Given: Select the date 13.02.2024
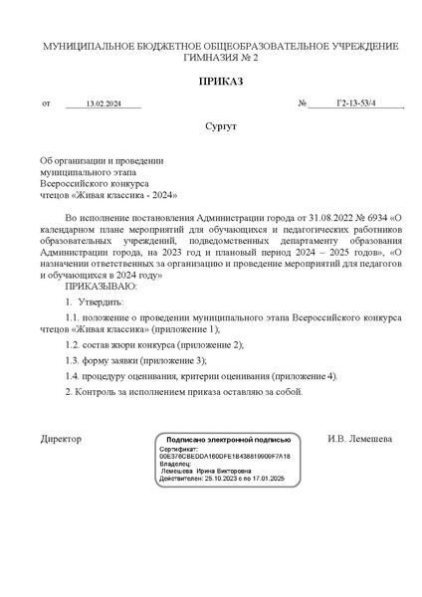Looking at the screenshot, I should coord(103,104).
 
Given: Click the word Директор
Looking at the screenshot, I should coord(61,439).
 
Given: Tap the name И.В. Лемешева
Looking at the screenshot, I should coord(359,439).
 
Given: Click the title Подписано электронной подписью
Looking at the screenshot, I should coord(228,439).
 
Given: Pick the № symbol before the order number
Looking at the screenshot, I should coord(302,104).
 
